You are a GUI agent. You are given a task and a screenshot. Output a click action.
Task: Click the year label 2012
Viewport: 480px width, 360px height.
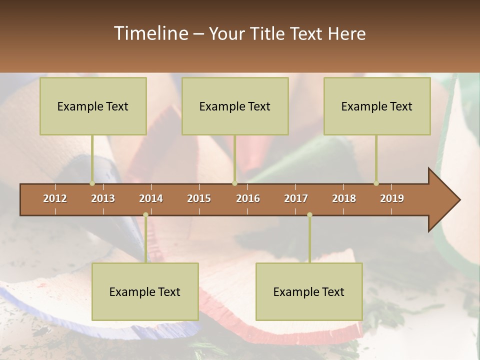point(55,198)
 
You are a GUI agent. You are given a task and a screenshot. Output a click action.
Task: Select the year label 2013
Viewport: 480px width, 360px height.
point(103,198)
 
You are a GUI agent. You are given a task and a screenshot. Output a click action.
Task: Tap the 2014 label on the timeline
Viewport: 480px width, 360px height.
point(151,198)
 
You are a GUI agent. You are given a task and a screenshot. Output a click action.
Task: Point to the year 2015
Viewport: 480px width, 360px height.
point(199,198)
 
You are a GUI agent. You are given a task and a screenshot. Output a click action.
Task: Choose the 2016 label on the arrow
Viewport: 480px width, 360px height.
point(248,198)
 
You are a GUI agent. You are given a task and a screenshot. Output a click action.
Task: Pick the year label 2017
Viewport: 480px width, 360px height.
point(296,198)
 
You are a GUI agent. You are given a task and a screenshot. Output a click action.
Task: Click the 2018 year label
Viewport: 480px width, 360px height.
point(344,198)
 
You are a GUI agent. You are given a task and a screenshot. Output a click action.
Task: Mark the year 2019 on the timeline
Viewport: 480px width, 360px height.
point(392,198)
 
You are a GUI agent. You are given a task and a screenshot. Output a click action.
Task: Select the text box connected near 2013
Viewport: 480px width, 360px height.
point(93,106)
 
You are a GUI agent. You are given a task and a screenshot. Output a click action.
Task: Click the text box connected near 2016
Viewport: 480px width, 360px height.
point(235,106)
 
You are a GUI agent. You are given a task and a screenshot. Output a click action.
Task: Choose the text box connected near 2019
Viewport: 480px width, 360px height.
point(377,106)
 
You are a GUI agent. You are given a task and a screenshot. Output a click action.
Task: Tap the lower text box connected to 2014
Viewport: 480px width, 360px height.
point(145,291)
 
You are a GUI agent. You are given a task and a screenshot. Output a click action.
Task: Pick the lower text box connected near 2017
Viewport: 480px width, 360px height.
point(309,291)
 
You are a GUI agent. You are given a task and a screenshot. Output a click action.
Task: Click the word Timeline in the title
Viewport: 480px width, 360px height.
point(150,33)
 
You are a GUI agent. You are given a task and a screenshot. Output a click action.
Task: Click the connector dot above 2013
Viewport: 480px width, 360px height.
point(92,183)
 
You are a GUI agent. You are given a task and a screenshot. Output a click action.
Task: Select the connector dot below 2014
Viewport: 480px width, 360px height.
point(145,214)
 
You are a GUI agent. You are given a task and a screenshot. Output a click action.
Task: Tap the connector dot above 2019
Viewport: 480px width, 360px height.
point(376,183)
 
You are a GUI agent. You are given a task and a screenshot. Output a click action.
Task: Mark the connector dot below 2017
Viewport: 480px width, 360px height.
point(309,214)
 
